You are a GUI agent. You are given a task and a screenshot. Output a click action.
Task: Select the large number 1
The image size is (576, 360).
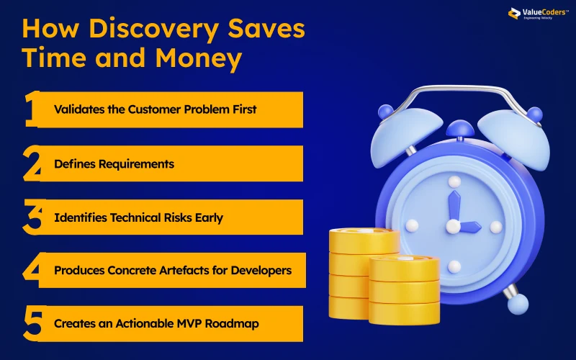30,109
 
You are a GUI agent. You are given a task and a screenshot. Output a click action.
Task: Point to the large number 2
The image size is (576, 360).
32,163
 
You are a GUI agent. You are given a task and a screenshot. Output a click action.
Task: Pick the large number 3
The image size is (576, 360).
32,217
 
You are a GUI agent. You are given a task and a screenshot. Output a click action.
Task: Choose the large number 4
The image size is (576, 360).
32,271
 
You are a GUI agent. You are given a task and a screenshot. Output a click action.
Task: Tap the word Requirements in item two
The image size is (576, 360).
138,163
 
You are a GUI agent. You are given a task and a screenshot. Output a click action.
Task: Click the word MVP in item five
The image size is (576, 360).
186,324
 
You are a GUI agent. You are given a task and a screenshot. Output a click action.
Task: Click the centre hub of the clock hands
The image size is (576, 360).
453,226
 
